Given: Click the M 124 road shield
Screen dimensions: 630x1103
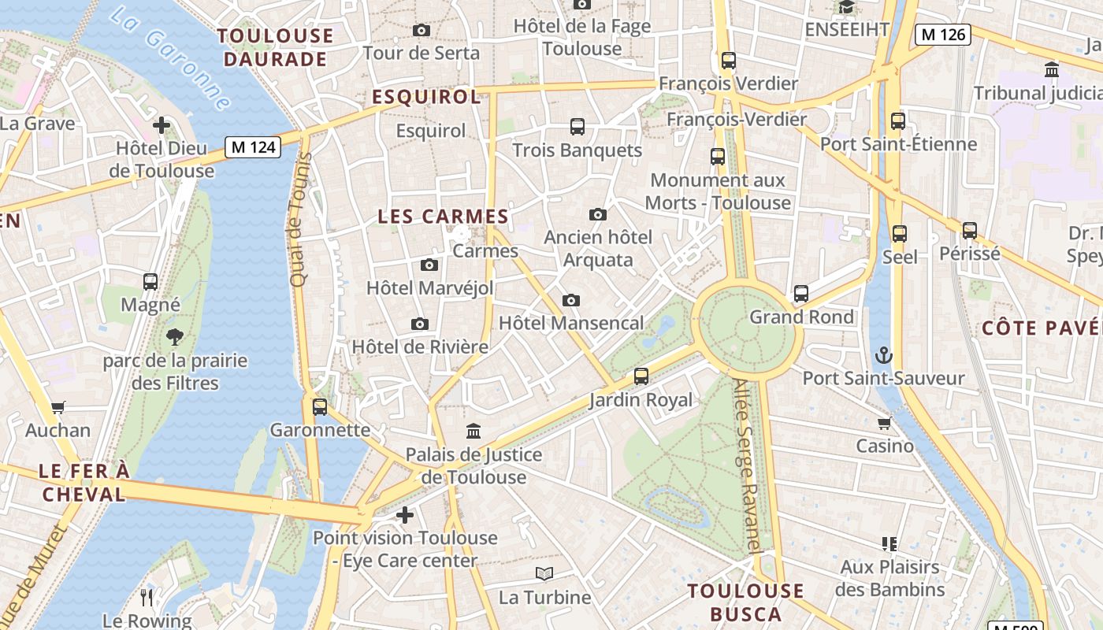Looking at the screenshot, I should click(253, 147).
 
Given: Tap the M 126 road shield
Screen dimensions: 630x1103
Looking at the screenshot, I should click(942, 35).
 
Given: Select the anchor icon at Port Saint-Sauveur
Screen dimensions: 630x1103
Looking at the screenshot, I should click(883, 354).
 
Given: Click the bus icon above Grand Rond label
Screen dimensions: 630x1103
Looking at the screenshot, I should click(801, 294).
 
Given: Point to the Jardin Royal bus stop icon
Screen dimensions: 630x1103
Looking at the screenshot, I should click(641, 376).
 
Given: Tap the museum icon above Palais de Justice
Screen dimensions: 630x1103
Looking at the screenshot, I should click(474, 431).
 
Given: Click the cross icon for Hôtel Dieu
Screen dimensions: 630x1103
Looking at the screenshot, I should click(162, 125).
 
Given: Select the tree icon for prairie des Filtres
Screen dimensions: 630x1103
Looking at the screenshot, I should click(175, 338).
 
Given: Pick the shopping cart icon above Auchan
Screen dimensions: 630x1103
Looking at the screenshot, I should click(58, 407).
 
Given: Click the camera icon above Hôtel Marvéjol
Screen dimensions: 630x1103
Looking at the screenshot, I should click(429, 265).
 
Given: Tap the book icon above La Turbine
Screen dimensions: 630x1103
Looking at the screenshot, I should click(544, 573).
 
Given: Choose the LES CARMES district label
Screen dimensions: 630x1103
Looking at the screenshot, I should click(443, 217).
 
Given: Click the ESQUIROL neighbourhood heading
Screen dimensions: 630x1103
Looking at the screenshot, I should click(425, 97).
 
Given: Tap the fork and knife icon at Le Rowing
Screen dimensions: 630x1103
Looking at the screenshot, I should click(147, 597).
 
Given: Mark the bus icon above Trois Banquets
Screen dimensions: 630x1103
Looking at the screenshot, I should click(577, 126).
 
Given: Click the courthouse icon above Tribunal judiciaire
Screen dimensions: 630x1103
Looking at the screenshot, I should click(1051, 69).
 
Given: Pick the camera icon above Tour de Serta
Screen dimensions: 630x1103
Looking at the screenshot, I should click(422, 30).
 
